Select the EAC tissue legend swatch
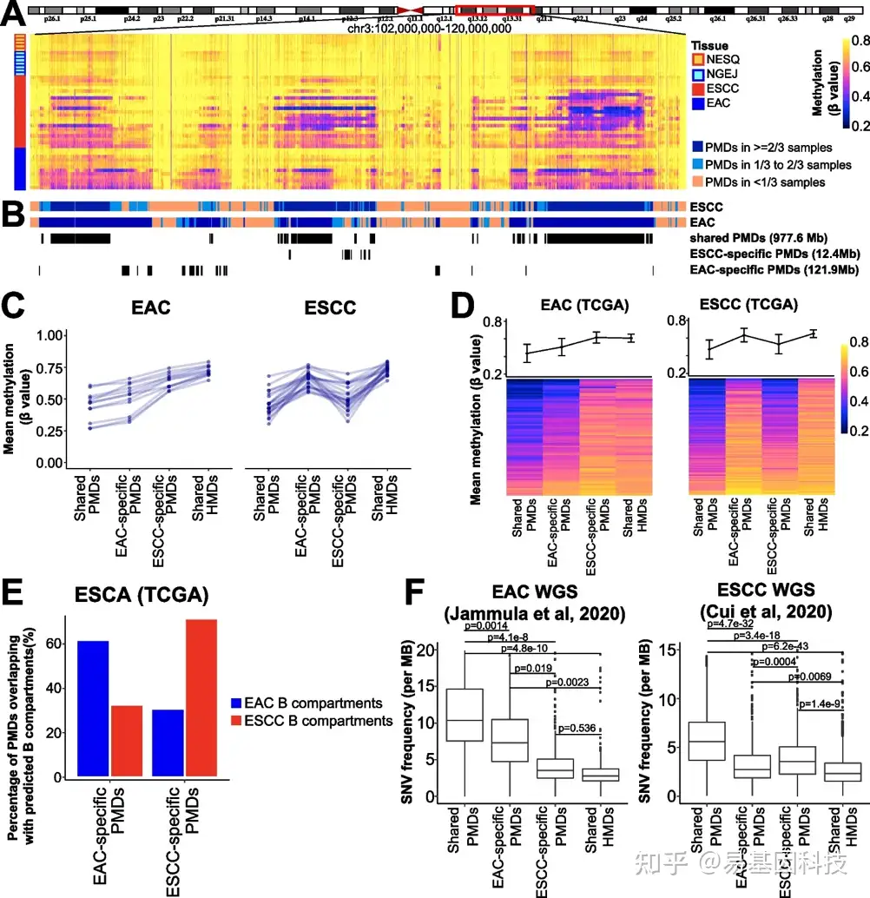coord(699,103)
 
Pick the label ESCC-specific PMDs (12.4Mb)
coord(763,254)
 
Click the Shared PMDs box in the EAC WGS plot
coord(465,715)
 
